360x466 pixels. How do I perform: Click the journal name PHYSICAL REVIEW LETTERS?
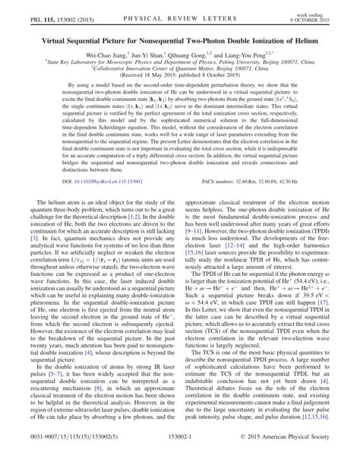pos(179,9)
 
